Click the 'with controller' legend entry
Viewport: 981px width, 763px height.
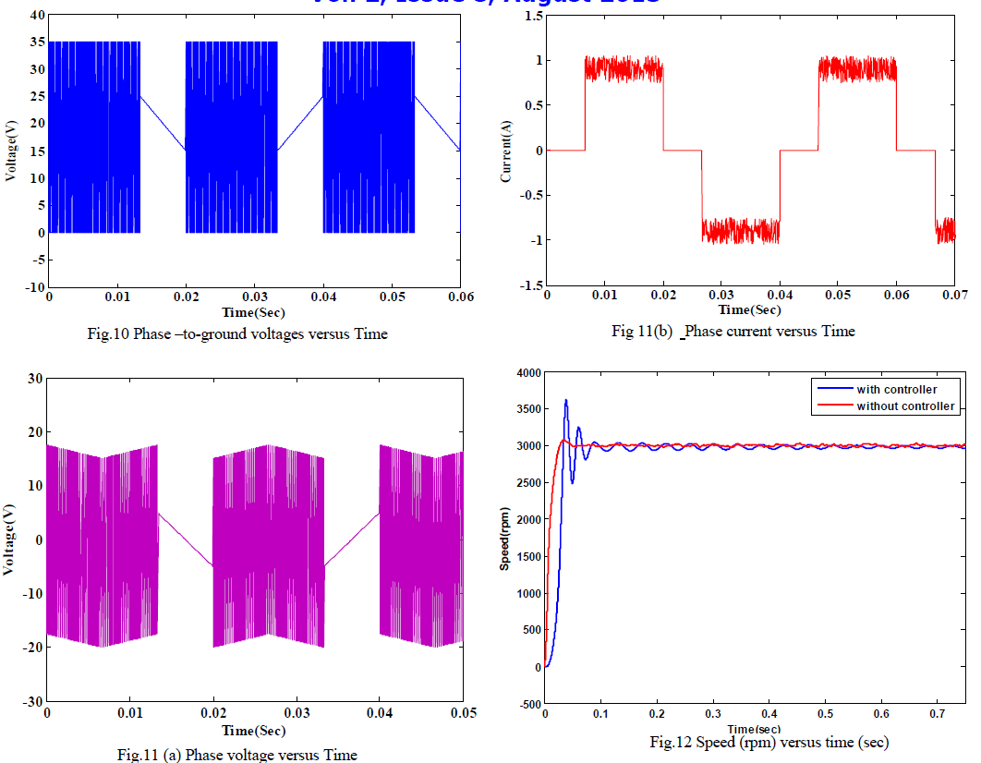[x=896, y=390]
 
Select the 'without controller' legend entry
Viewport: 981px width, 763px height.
[x=905, y=406]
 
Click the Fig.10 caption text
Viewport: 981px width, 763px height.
[x=260, y=334]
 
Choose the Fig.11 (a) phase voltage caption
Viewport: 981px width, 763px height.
[x=237, y=755]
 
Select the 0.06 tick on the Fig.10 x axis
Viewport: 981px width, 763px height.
[x=460, y=297]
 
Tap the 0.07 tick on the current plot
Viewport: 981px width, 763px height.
[x=954, y=296]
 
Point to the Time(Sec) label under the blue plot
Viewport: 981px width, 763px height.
[x=253, y=313]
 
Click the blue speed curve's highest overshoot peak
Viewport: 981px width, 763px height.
[x=565, y=400]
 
